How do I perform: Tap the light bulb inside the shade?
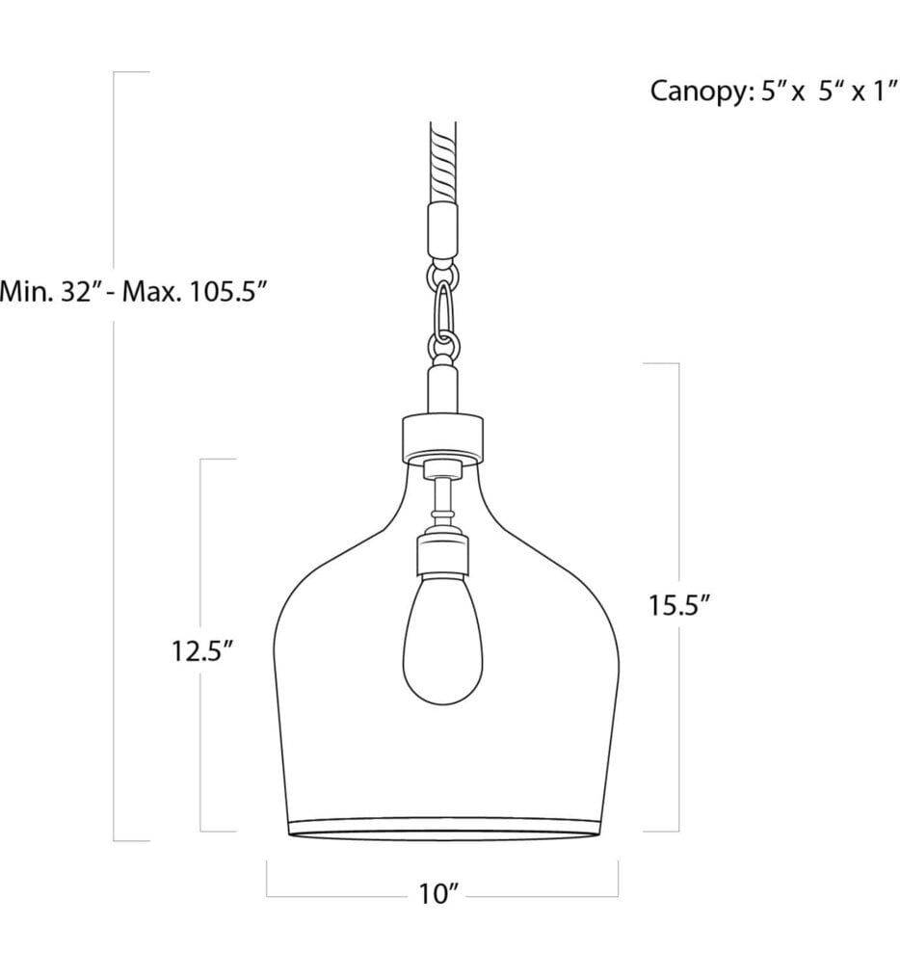[x=441, y=640]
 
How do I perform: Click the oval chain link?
[x=442, y=307]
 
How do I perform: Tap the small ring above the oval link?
[x=442, y=276]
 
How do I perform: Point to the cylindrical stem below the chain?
[x=441, y=387]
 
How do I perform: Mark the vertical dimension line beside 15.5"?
[x=679, y=482]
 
